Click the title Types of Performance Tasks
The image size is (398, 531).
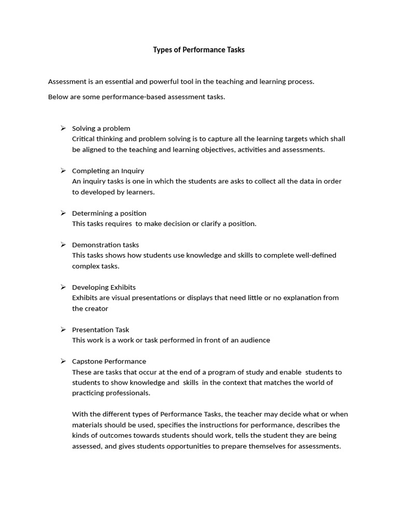198,50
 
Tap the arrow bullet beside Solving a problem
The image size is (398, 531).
63,128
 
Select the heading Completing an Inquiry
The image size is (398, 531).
108,171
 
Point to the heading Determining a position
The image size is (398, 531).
109,213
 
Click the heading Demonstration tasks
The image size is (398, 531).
105,245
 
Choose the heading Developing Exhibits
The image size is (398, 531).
104,287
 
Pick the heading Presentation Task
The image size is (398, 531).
101,330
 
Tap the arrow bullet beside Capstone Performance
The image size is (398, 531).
63,361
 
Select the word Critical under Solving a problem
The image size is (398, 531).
83,139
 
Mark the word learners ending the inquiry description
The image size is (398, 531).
140,192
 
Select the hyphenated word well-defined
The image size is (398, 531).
316,255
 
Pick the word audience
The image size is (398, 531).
254,340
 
